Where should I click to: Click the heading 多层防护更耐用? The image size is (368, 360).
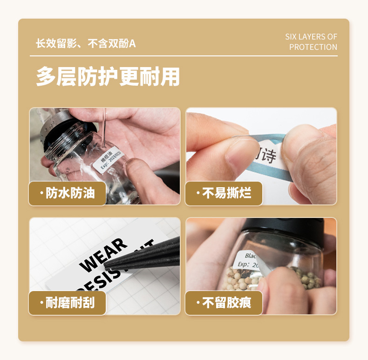(x=108, y=77)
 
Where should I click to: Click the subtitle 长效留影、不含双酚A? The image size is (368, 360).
(x=86, y=44)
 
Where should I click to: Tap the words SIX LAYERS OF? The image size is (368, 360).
(x=311, y=37)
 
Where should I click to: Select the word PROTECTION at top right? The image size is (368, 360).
(x=313, y=47)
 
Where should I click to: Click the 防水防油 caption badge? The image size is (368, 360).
(x=68, y=193)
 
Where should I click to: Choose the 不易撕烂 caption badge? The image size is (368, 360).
(x=224, y=193)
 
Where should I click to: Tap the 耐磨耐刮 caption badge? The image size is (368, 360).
(x=68, y=303)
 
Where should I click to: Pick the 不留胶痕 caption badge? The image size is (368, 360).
(x=224, y=303)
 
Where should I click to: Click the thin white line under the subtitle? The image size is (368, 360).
(x=184, y=56)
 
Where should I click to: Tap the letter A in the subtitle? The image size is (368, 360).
(x=132, y=44)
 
